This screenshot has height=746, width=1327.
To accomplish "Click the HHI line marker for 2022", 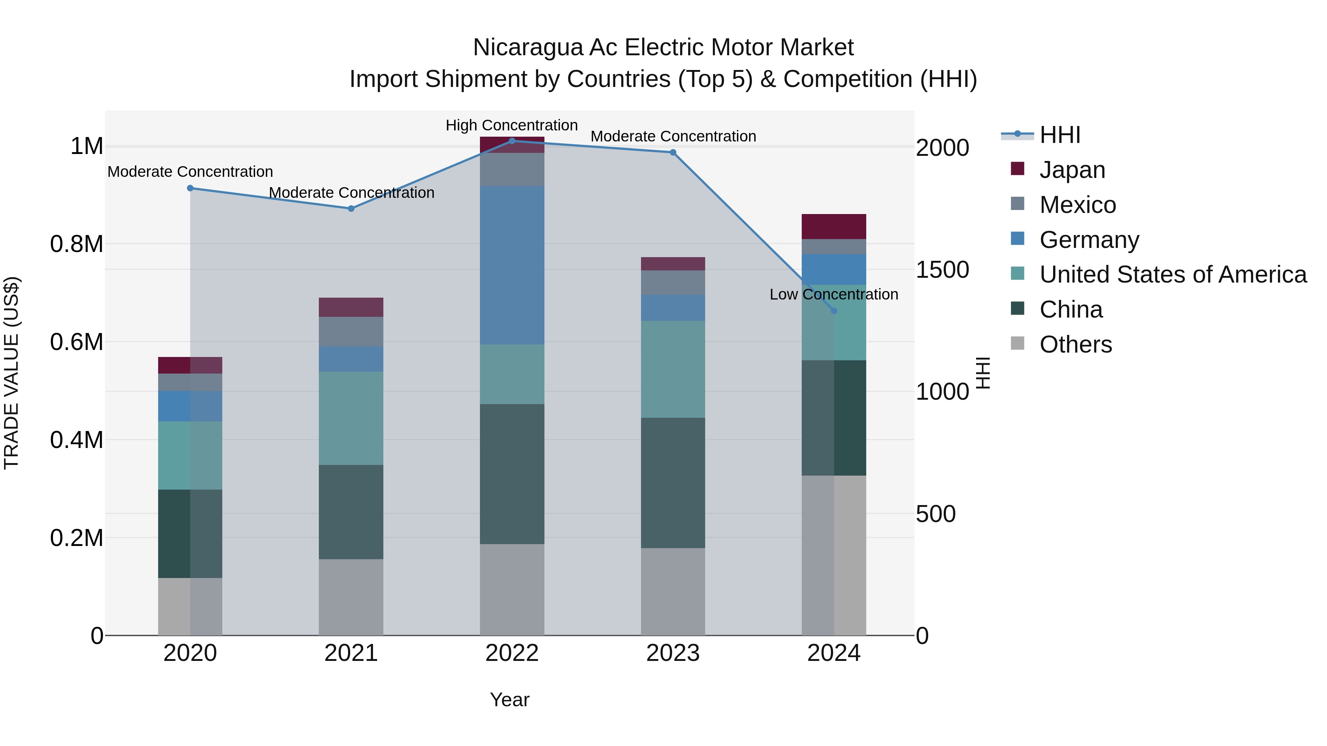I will point(512,141).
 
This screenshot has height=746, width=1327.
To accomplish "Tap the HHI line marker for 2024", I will point(834,311).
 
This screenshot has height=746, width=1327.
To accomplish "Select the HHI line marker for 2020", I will point(190,188).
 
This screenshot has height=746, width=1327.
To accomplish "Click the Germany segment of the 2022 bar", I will point(512,265).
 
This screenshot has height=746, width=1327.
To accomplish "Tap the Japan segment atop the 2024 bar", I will point(834,227).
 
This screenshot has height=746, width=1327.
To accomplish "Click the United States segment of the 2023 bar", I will point(673,369).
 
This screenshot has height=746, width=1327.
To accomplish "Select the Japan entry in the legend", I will point(1072,170).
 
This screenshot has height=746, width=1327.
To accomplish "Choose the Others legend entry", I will point(1075,344).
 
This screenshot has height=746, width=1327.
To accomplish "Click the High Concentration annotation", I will point(512,125).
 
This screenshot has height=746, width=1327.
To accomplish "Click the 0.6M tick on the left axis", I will point(77,342).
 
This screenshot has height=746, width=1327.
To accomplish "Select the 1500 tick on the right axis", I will point(942,270).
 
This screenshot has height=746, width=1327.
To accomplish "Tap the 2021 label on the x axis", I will point(351,653).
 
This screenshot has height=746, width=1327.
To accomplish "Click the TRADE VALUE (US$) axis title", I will point(11,373).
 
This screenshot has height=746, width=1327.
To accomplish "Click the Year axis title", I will point(509,700).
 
